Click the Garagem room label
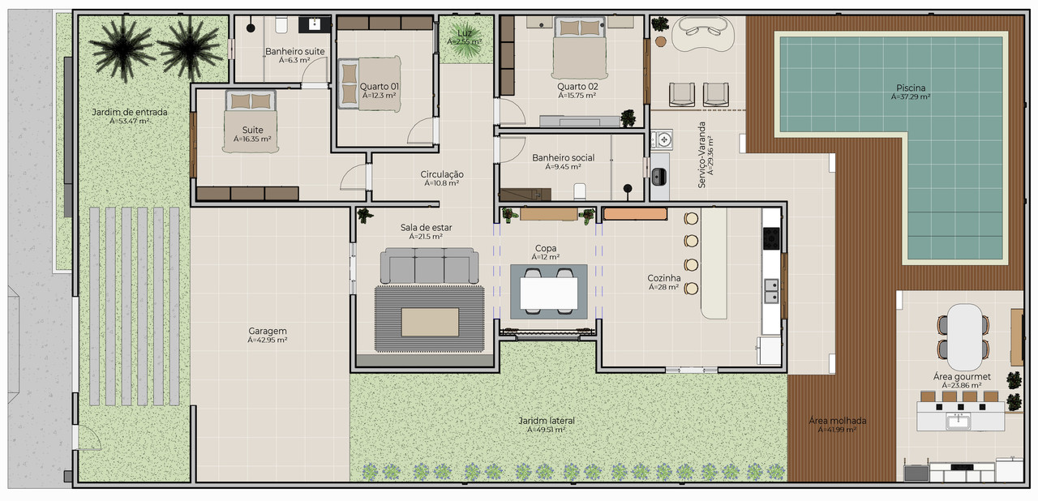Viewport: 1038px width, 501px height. (x=268, y=331)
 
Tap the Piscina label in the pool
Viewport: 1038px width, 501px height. (x=911, y=88)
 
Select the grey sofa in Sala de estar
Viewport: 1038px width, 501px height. (x=429, y=265)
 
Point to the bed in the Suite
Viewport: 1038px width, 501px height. (x=251, y=121)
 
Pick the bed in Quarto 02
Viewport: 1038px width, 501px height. (x=579, y=48)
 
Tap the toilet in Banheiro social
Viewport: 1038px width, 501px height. (x=580, y=191)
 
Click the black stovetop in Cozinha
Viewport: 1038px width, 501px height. (x=771, y=238)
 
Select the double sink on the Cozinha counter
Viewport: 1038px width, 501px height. (x=771, y=291)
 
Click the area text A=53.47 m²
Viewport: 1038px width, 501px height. (x=129, y=122)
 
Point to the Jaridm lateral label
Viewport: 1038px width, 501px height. (x=547, y=421)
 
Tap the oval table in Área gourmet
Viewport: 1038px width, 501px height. (x=963, y=336)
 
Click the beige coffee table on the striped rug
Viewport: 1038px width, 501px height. (x=430, y=322)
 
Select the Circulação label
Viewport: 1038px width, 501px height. (x=442, y=174)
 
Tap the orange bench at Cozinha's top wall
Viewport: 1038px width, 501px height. (x=635, y=213)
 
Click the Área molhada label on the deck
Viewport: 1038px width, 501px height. (x=838, y=421)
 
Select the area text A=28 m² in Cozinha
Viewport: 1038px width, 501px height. (x=663, y=287)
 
